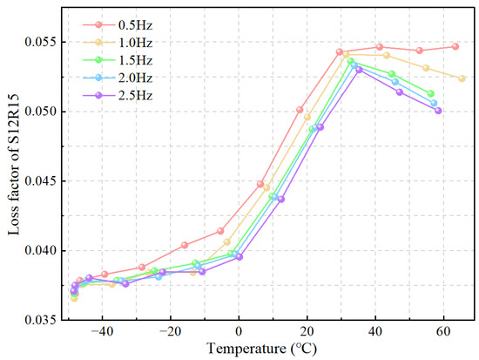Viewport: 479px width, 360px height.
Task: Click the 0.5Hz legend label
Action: [x=135, y=25]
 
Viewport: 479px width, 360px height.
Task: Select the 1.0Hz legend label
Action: [x=135, y=43]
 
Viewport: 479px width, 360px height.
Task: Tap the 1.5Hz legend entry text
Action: [x=135, y=60]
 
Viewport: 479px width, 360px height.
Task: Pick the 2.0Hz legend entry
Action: [x=135, y=78]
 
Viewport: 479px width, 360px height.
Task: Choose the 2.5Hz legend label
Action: [x=135, y=96]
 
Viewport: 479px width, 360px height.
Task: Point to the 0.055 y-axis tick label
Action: [x=42, y=42]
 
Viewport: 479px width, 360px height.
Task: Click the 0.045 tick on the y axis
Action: [x=42, y=181]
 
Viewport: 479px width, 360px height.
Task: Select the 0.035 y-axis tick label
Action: [x=42, y=320]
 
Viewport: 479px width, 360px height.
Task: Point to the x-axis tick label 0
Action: [x=239, y=332]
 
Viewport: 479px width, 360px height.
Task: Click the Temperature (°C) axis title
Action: [x=261, y=349]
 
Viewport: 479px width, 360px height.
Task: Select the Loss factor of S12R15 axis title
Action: [x=13, y=165]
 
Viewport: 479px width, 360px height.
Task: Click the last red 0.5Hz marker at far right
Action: [x=455, y=46]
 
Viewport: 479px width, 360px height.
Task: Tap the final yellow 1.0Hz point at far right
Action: [x=462, y=78]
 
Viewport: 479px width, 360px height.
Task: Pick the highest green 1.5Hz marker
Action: [x=351, y=61]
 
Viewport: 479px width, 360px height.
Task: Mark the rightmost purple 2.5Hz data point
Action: [x=438, y=111]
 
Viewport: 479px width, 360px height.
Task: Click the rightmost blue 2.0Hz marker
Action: [x=434, y=103]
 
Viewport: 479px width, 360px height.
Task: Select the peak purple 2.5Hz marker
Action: [x=359, y=70]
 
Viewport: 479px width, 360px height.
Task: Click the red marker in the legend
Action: [x=98, y=24]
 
